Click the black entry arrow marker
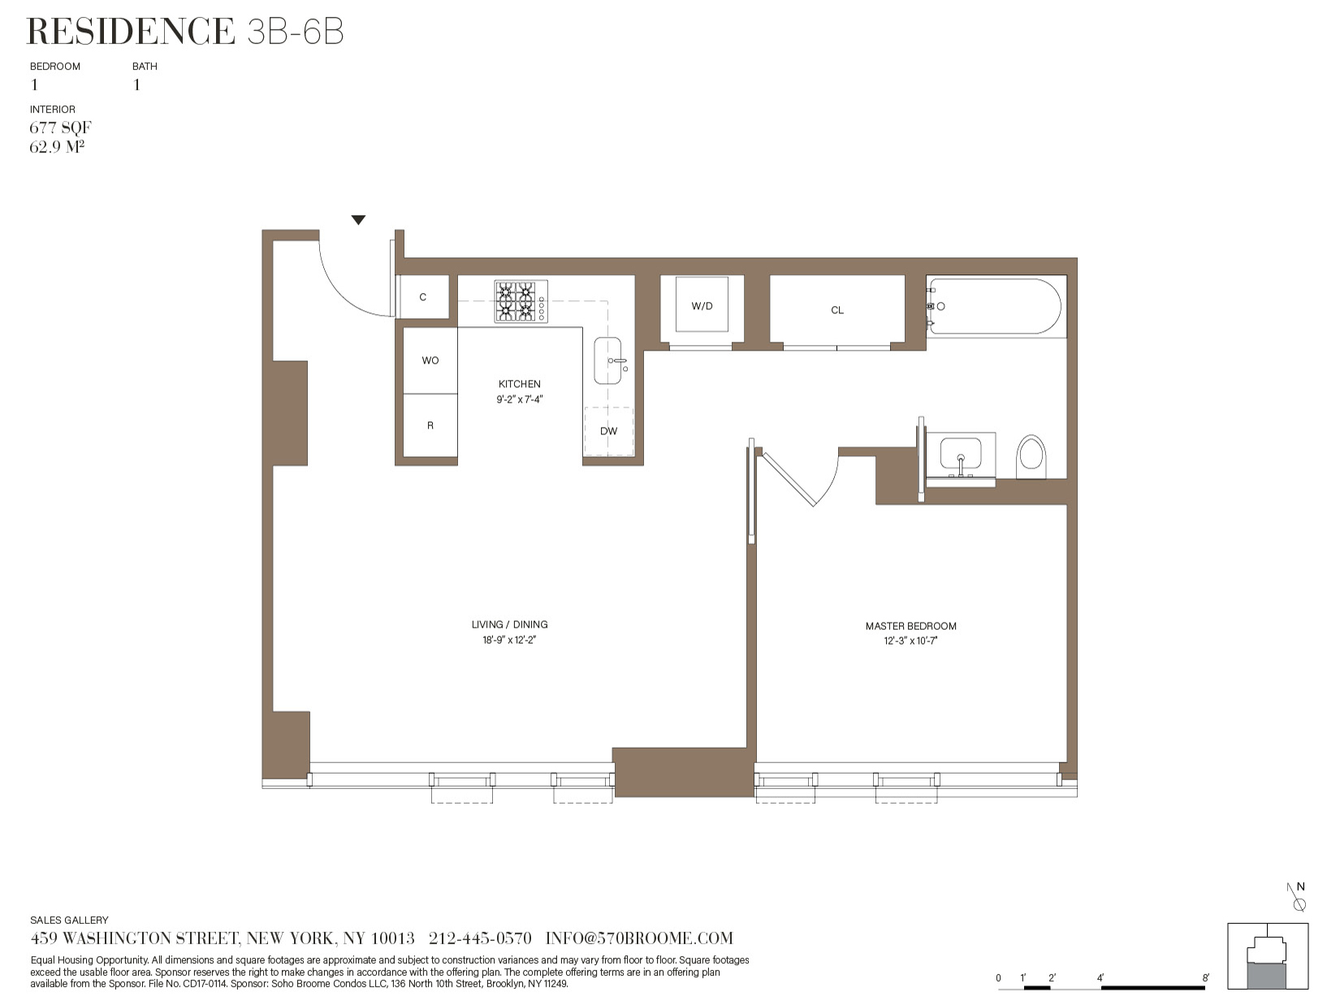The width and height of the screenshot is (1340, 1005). [x=358, y=220]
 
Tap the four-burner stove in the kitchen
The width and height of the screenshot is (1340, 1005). [x=521, y=302]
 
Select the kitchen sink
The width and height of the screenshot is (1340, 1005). [x=607, y=360]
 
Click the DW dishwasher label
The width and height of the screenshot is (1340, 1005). [x=608, y=431]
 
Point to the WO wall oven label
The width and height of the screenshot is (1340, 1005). [x=430, y=360]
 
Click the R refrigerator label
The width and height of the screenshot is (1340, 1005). [x=430, y=425]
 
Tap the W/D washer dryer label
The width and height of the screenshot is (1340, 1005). [x=702, y=306]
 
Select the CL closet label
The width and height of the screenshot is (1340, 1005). [x=837, y=310]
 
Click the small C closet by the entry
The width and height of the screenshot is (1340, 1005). [x=422, y=297]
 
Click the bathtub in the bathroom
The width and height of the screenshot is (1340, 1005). [x=996, y=306]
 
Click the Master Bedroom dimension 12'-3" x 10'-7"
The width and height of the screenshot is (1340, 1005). [x=911, y=641]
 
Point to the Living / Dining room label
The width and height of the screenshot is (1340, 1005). [x=509, y=624]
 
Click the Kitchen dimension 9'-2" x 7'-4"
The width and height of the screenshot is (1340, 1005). [x=519, y=399]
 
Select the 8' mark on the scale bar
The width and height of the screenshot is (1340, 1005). [x=1205, y=978]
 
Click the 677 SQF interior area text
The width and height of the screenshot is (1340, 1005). [x=60, y=127]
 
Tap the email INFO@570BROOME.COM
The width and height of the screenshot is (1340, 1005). [x=639, y=938]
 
